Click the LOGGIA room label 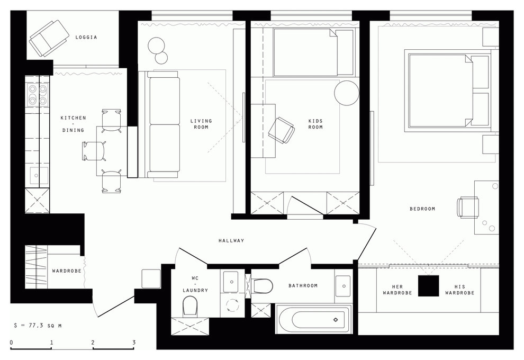pos(86,38)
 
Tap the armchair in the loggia pos(49,38)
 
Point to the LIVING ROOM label pos(201,124)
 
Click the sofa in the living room pos(165,124)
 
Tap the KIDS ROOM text pos(315,124)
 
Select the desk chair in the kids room pos(282,130)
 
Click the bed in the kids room pos(306,52)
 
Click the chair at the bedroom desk pos(468,207)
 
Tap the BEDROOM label pos(422,209)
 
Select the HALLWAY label pos(231,241)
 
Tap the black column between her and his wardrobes pos(428,286)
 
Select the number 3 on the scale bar pos(134,343)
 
